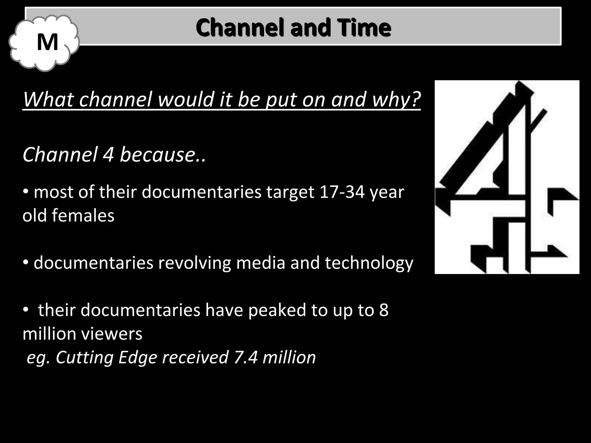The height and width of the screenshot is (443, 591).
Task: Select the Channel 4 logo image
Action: point(507,177)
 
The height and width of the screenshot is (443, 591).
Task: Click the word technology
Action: point(369,263)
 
